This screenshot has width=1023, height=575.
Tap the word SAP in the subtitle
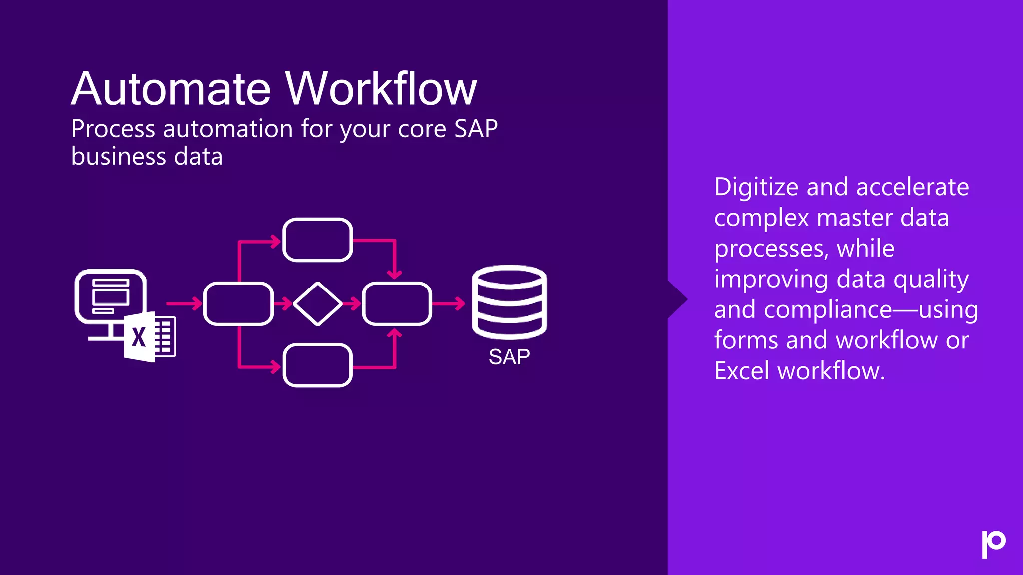coord(476,129)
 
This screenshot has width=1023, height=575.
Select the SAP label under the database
coord(509,357)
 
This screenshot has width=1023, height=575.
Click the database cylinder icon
coord(510,302)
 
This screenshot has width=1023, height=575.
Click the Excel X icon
coord(139,337)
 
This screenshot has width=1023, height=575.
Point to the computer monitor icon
coord(111,297)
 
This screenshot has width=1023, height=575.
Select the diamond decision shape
coord(318,303)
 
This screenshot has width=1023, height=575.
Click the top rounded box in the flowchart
coord(318,240)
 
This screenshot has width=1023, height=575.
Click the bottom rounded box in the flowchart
coord(318,365)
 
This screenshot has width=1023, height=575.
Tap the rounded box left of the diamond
coord(238,303)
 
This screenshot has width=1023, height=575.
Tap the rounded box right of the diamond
coord(397,303)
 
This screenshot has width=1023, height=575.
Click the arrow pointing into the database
coord(449,303)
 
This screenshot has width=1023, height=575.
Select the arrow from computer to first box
coord(184,303)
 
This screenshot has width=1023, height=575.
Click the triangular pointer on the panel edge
coord(677,299)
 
